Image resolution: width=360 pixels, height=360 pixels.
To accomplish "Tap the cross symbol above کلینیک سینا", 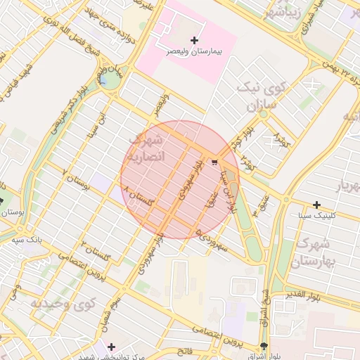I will coord(317,204).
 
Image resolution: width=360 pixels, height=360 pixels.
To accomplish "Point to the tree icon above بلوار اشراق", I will coord(263,346).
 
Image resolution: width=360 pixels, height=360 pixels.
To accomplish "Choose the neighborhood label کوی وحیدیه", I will coord(63,304).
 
